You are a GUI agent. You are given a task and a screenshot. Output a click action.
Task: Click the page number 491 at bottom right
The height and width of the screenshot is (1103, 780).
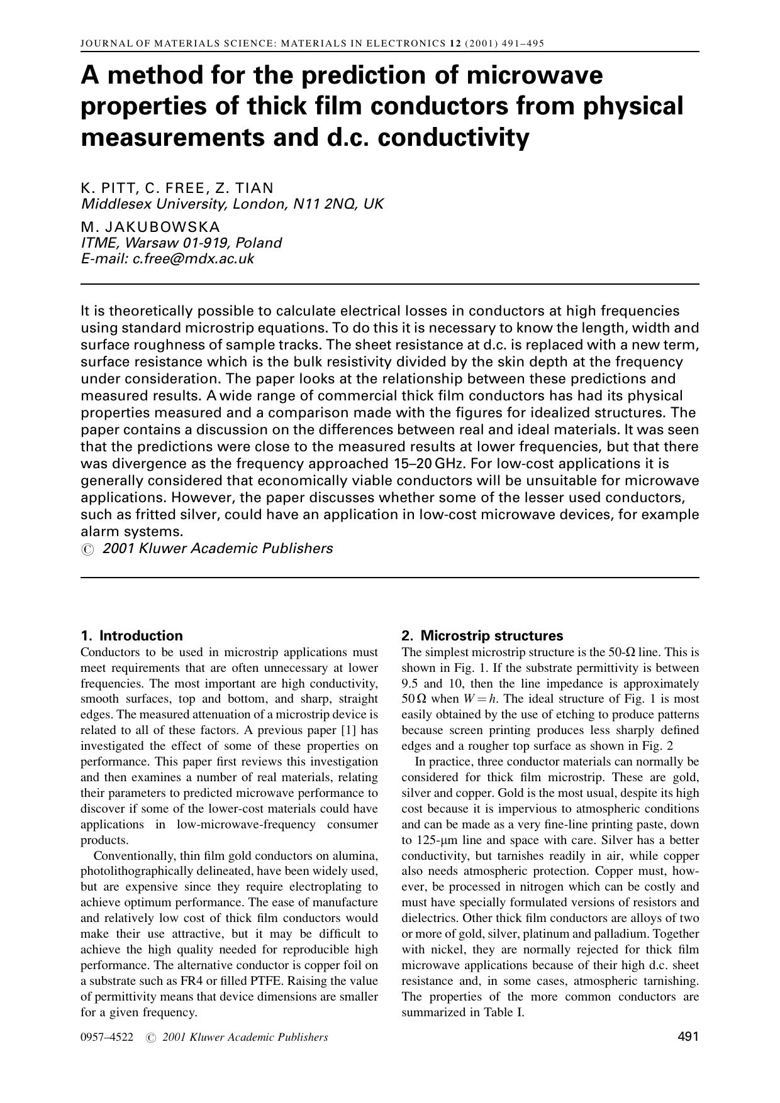688,1037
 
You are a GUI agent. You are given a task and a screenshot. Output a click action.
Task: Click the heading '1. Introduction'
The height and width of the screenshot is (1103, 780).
131,635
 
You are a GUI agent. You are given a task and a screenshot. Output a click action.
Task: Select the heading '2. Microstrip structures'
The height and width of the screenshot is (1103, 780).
482,635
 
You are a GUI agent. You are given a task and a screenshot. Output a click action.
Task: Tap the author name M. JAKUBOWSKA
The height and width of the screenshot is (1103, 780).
150,226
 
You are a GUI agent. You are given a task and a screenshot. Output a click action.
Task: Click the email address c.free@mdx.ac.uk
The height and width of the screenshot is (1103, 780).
193,259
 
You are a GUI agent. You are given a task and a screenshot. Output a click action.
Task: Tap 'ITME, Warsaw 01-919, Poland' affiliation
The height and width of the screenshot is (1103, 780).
181,243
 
